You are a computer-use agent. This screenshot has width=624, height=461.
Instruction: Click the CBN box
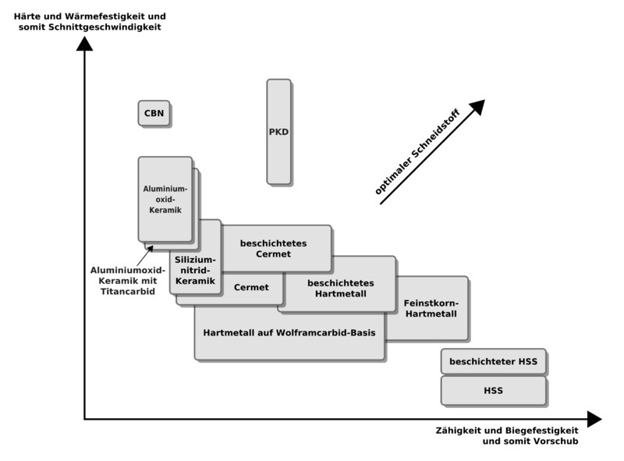tap(153, 113)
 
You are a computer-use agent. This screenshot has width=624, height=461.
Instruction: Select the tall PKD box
tap(278, 132)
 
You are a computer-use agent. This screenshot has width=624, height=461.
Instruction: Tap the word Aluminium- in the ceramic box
tap(165, 188)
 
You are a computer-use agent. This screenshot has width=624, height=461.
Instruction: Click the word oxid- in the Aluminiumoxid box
tap(165, 200)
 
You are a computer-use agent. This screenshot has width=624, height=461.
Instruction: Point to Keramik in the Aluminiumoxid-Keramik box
tap(165, 211)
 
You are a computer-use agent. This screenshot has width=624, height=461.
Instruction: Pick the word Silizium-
tap(196, 258)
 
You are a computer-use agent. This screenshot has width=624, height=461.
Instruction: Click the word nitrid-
tap(196, 270)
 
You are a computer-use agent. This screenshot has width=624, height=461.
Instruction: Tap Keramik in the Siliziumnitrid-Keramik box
tap(196, 282)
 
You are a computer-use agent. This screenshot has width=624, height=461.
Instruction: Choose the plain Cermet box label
tap(251, 288)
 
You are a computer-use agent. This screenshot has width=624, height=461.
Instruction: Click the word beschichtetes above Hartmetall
tap(342, 282)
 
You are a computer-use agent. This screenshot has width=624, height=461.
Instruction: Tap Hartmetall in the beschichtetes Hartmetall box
tap(342, 294)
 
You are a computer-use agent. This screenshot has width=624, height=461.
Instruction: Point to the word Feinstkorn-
tap(431, 302)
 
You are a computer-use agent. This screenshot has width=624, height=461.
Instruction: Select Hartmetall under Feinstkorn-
tap(431, 314)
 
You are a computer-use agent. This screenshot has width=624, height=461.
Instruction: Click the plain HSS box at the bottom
tap(493, 391)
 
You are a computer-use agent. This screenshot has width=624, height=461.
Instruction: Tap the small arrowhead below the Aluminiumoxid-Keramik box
tap(146, 247)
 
